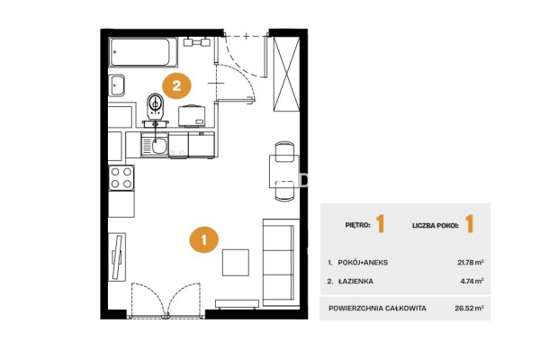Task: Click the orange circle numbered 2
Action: click(176, 85)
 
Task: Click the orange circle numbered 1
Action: click(203, 240)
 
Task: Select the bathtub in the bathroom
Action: click(143, 52)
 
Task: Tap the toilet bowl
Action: click(155, 106)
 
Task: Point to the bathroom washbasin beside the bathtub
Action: click(116, 85)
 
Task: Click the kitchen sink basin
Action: click(159, 146)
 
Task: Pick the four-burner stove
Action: click(121, 177)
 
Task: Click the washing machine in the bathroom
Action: click(193, 115)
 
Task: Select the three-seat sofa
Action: click(281, 263)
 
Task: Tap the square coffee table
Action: click(236, 263)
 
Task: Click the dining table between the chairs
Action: click(284, 171)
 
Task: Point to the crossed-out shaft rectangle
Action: click(286, 74)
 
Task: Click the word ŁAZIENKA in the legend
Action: click(355, 281)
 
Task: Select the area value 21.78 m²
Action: click(471, 263)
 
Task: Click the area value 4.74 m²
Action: click(472, 281)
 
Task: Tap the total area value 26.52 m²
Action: click(469, 308)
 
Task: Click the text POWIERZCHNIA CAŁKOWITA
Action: click(377, 308)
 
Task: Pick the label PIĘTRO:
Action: click(357, 225)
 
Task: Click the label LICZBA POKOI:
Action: click(436, 226)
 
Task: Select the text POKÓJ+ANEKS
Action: click(363, 263)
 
